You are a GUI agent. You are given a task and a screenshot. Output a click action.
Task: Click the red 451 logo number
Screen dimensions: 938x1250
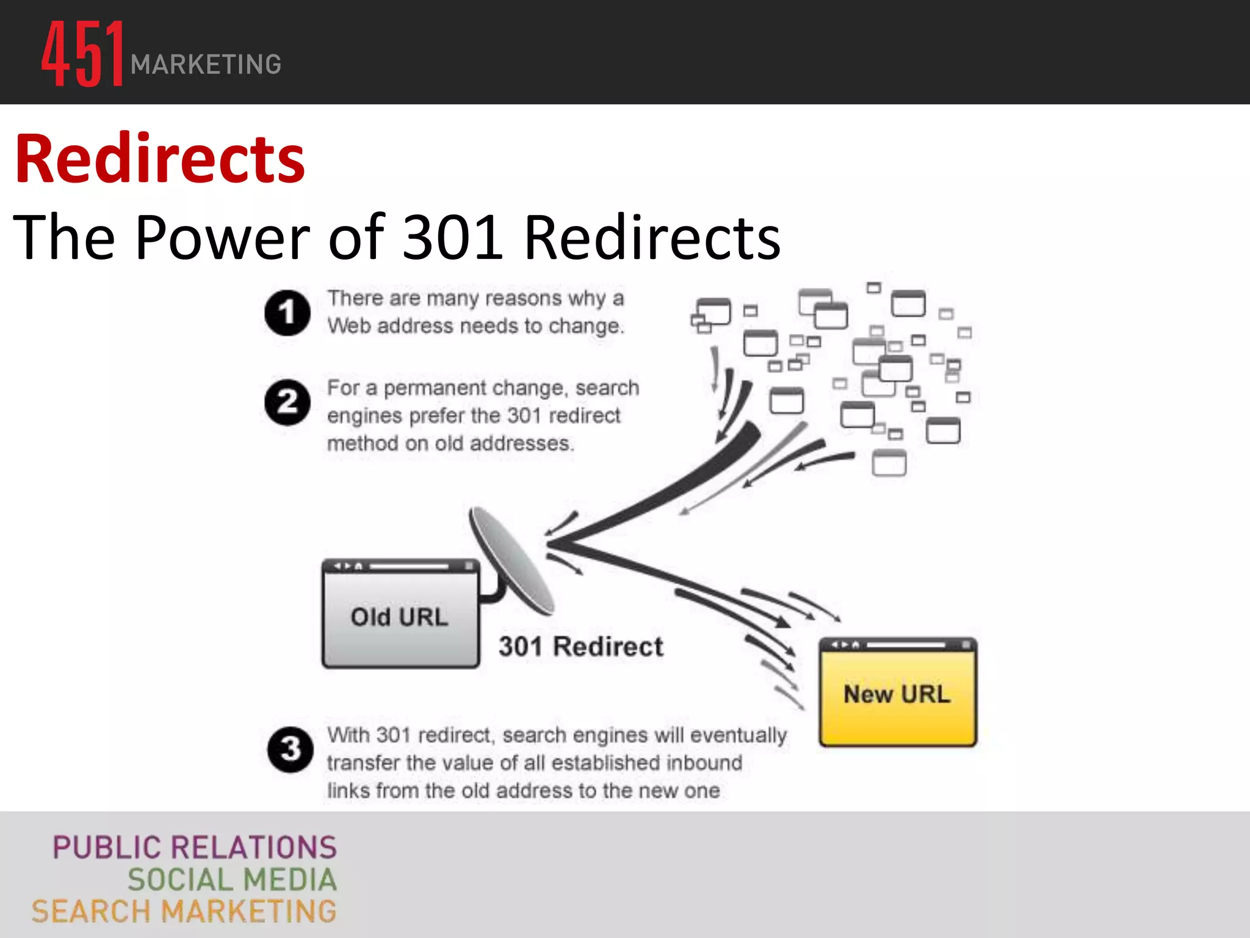click(x=83, y=54)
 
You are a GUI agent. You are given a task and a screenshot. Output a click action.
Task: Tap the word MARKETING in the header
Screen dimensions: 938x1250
click(x=206, y=65)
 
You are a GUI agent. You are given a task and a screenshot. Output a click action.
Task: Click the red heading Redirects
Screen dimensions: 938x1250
click(x=160, y=159)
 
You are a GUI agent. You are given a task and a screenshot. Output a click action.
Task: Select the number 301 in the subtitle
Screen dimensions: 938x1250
click(x=453, y=237)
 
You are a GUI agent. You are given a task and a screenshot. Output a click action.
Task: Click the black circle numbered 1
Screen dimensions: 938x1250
click(x=287, y=313)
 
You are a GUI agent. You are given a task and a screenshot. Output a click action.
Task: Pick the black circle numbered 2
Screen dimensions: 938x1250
click(x=287, y=402)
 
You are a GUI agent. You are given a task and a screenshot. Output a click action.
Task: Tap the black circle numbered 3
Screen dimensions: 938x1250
click(x=290, y=749)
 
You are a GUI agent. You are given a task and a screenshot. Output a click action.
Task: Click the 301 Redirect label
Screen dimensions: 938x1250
click(x=580, y=647)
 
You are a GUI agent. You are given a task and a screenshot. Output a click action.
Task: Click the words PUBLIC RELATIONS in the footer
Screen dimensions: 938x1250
click(x=195, y=848)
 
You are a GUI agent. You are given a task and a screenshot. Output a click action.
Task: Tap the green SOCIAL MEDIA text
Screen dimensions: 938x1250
click(x=232, y=880)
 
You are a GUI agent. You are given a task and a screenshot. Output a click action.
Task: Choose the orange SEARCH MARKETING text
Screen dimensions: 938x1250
click(x=184, y=912)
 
